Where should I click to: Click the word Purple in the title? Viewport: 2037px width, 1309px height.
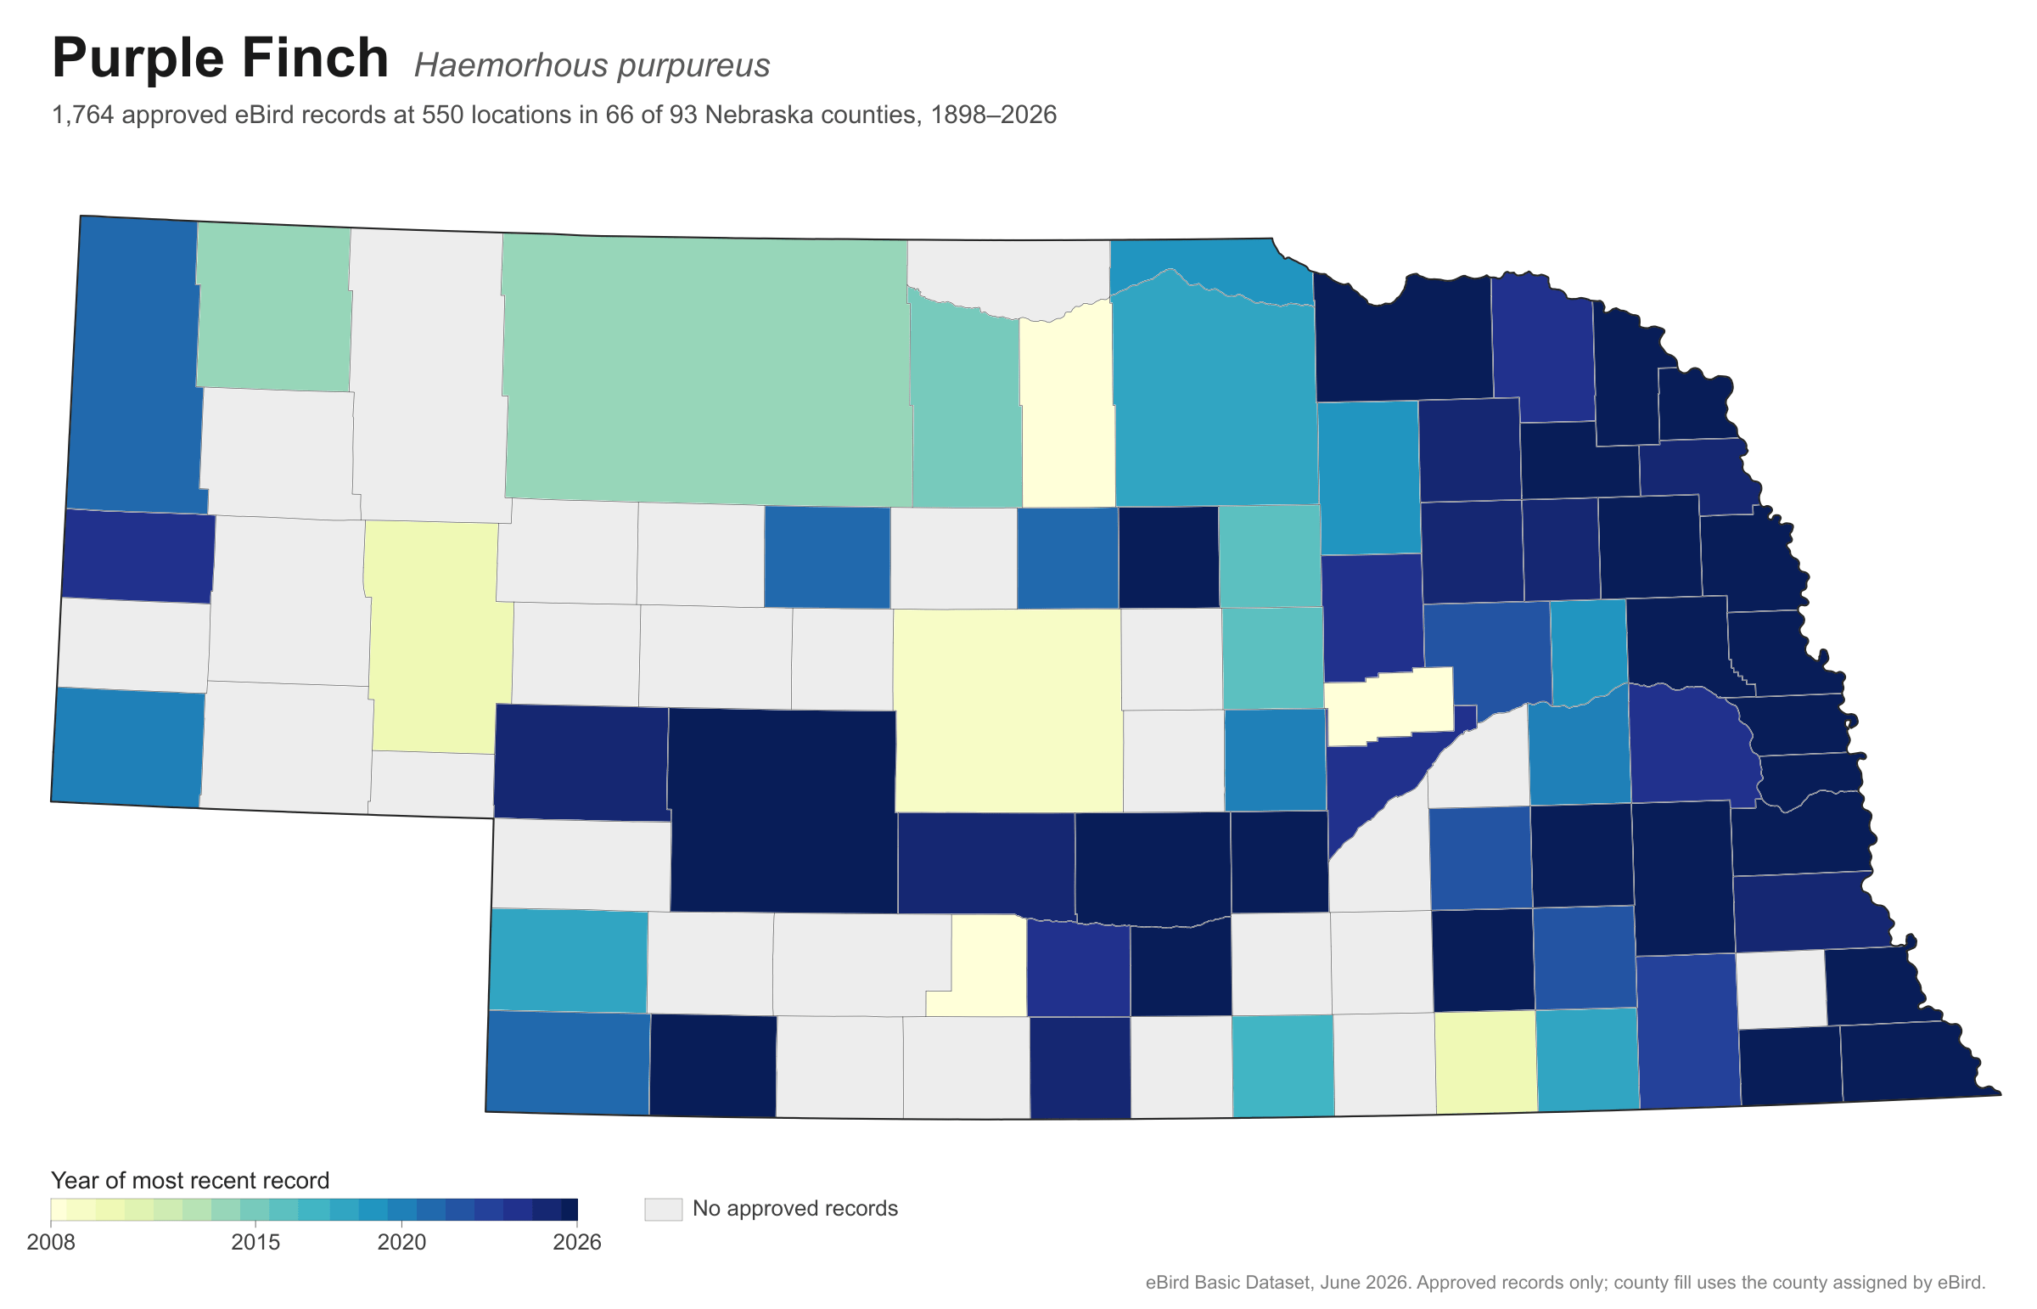(136, 59)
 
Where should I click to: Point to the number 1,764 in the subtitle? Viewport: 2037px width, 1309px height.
(83, 115)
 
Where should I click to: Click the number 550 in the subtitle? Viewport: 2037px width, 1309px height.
(443, 115)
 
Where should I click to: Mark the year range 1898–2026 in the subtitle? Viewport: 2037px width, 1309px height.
(993, 115)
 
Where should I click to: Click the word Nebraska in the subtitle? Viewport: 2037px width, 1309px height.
(749, 115)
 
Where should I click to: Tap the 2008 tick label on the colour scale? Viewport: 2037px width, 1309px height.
(51, 1243)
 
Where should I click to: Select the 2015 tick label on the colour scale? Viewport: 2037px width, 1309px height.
(255, 1243)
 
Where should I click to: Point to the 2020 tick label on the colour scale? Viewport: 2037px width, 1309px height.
(402, 1243)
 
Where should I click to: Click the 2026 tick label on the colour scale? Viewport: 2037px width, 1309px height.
(577, 1243)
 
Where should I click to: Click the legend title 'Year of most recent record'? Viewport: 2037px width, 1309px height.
(190, 1181)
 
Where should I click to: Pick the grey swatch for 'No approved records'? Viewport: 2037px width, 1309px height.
(663, 1209)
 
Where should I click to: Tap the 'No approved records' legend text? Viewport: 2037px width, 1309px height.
(794, 1209)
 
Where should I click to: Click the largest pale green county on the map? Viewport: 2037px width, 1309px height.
(705, 370)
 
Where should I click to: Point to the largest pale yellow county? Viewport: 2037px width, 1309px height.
(1007, 710)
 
